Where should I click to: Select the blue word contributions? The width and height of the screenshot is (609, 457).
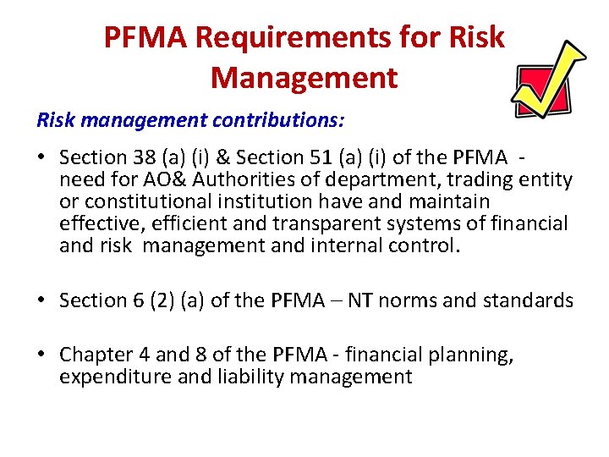(x=278, y=120)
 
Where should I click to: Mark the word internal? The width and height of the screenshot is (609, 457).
(x=360, y=245)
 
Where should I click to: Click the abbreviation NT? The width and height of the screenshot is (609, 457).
(x=359, y=300)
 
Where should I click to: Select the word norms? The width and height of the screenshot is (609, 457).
(x=410, y=300)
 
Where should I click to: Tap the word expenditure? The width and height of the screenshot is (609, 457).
(x=112, y=377)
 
